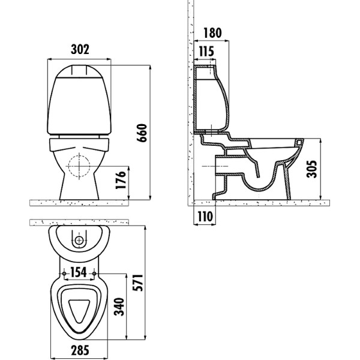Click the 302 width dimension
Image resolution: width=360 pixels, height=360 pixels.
[80, 49]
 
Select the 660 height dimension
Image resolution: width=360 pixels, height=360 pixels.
[142, 133]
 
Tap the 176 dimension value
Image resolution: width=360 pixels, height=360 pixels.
[121, 180]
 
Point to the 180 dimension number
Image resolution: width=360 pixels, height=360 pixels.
[212, 33]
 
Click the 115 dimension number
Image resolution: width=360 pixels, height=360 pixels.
[206, 51]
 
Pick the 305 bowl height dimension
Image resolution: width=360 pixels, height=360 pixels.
[311, 169]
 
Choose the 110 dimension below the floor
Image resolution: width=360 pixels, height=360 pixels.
[205, 216]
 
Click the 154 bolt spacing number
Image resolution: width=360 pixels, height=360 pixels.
[78, 272]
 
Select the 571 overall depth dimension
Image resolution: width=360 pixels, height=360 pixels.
[137, 283]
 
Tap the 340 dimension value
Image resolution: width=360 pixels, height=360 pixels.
[119, 307]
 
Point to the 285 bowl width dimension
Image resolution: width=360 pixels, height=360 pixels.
[80, 350]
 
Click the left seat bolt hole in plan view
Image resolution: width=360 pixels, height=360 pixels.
[64, 274]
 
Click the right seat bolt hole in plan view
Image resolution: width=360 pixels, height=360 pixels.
[94, 274]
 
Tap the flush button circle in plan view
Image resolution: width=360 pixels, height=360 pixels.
[79, 241]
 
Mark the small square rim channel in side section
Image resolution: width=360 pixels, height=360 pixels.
[299, 143]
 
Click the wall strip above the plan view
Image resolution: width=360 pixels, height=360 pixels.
[79, 222]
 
